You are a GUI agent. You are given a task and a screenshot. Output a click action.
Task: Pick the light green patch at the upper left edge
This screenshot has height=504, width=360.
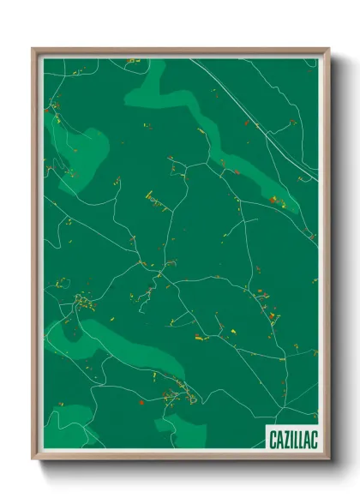[64, 150]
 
